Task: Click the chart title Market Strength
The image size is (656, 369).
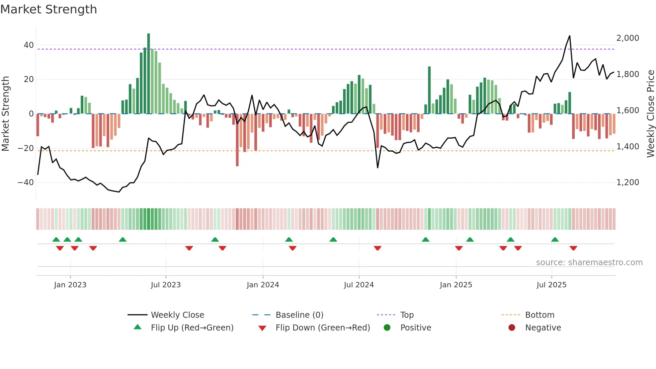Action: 49,9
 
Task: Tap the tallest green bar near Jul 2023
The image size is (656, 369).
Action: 149,74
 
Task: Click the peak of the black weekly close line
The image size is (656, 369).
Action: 570,36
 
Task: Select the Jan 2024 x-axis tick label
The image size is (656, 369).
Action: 263,285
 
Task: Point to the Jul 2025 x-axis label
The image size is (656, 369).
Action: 551,285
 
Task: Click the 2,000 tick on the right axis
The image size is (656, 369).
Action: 628,38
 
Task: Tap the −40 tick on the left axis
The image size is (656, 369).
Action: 26,182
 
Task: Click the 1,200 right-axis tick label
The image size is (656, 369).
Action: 628,182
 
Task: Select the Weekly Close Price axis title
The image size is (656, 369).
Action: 650,114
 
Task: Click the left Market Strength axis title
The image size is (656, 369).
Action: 6,114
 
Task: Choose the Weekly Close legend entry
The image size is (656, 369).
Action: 177,315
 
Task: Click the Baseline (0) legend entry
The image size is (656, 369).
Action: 299,315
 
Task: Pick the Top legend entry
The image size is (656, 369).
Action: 407,315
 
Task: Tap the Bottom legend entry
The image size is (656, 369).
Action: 540,315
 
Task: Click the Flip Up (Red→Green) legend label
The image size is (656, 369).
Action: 192,328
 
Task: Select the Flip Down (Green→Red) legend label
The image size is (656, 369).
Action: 323,328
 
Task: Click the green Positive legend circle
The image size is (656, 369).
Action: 387,328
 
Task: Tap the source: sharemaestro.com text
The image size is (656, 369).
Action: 589,263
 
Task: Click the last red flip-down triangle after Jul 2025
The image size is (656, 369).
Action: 573,248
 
